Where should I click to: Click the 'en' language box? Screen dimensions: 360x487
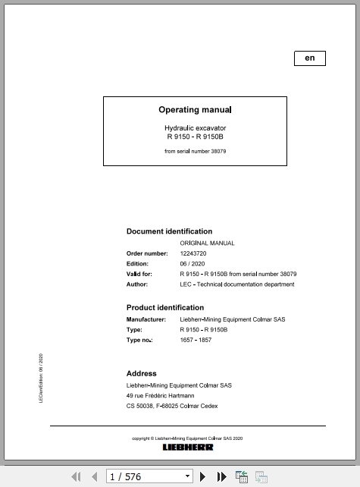[309, 58]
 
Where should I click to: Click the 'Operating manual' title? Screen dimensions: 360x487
[195, 110]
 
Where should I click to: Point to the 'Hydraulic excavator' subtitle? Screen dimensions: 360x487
[195, 128]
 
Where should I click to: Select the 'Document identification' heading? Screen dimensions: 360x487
[169, 231]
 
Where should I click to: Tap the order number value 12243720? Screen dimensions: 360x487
[193, 253]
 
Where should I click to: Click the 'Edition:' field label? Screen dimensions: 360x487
[137, 264]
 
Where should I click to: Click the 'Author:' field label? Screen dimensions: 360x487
[137, 284]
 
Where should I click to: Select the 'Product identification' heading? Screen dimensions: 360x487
[164, 307]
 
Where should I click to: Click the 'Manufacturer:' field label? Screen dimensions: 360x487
[146, 319]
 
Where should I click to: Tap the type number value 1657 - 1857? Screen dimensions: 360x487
[196, 340]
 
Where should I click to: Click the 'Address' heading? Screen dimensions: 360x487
[141, 373]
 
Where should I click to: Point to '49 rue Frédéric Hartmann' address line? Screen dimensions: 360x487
[160, 395]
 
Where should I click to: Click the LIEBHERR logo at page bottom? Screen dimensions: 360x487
[188, 447]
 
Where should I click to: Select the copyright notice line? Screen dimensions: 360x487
[187, 438]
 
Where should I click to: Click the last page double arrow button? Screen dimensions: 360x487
[221, 476]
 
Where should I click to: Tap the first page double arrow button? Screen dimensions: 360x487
[76, 476]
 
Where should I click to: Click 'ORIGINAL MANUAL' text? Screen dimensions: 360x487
[207, 243]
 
